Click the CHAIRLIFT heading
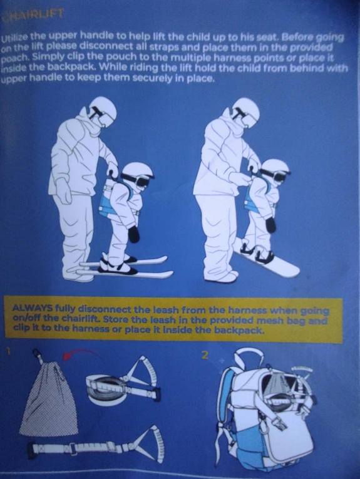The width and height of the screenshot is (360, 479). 33,14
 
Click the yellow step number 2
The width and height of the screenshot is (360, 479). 205,355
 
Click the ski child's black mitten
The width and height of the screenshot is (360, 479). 134,234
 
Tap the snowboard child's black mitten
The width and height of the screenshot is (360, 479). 270,225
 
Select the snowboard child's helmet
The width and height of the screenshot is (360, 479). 275,168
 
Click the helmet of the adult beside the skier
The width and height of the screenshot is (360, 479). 103,108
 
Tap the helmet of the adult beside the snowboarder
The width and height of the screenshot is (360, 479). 246,110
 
